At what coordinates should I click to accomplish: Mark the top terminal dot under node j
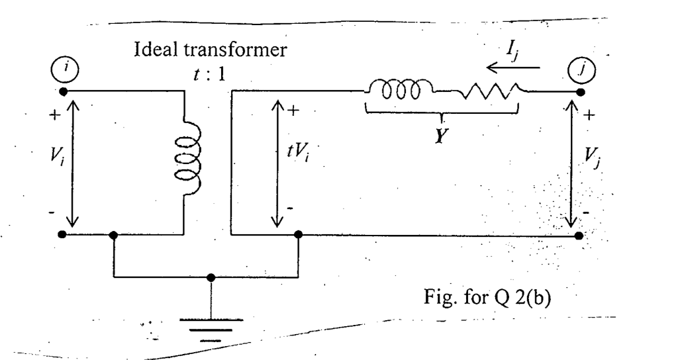click(x=581, y=91)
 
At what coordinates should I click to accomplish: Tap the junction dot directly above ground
click(x=211, y=277)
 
